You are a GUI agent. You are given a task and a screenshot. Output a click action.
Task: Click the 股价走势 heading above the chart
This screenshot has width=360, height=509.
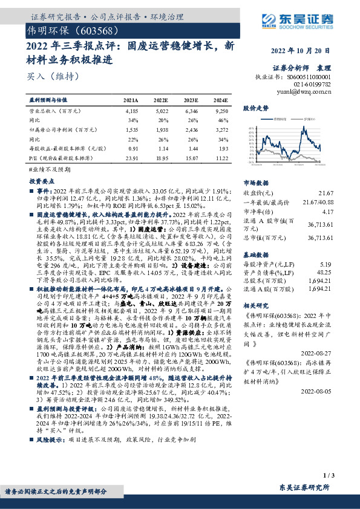[255, 108]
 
